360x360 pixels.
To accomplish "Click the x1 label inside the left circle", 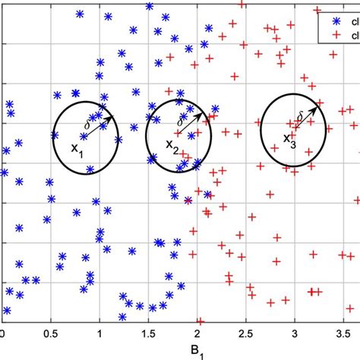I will pyautogui.click(x=77, y=151).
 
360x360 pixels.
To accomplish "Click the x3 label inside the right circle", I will pyautogui.click(x=289, y=139).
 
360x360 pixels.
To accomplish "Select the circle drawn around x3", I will pyautogui.click(x=261, y=129).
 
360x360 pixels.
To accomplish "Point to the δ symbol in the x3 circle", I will pyautogui.click(x=301, y=115).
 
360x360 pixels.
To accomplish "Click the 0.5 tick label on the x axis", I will pyautogui.click(x=49, y=332).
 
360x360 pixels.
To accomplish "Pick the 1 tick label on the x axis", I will pyautogui.click(x=99, y=332).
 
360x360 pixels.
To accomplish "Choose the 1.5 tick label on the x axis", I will pyautogui.click(x=147, y=332).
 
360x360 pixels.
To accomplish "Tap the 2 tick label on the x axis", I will pyautogui.click(x=196, y=332).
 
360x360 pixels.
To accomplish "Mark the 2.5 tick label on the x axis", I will pyautogui.click(x=245, y=332).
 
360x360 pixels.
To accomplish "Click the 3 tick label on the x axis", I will pyautogui.click(x=293, y=332).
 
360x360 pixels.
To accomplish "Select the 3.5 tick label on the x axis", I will pyautogui.click(x=342, y=332).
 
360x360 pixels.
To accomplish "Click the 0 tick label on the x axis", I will pyautogui.click(x=2, y=332).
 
